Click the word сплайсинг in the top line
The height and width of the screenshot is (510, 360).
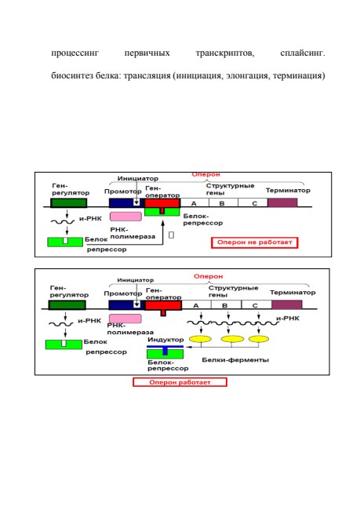click(x=303, y=53)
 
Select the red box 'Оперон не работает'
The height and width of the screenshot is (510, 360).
click(x=255, y=242)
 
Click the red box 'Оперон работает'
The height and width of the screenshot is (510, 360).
click(x=180, y=382)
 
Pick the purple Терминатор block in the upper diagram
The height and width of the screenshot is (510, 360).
click(x=282, y=202)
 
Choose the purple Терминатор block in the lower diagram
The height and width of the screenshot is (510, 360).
click(x=287, y=304)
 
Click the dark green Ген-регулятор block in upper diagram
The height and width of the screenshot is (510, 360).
click(x=68, y=202)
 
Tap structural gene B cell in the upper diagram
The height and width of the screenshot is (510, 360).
click(x=224, y=203)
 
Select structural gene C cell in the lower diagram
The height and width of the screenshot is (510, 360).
click(x=256, y=304)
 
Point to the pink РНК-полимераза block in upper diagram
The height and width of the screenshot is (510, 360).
click(x=125, y=217)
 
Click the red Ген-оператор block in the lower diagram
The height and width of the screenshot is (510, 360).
click(x=163, y=306)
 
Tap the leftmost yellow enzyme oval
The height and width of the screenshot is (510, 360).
click(x=200, y=339)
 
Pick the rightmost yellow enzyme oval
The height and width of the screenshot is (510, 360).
click(x=259, y=339)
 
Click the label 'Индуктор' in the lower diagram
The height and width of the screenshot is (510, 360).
click(x=165, y=340)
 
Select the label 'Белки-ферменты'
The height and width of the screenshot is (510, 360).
click(x=235, y=360)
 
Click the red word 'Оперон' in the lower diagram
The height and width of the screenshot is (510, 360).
click(x=209, y=276)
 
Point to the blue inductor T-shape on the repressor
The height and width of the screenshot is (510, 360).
click(x=165, y=349)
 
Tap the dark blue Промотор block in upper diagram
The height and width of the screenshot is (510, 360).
click(x=126, y=202)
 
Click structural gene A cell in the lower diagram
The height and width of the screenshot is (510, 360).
click(x=196, y=304)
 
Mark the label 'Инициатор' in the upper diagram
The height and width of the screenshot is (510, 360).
click(x=138, y=179)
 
